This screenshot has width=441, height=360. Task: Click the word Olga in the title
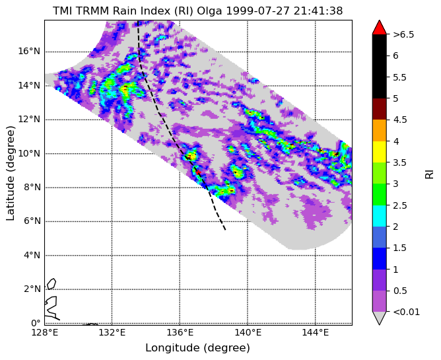pyautogui.click(x=210, y=11)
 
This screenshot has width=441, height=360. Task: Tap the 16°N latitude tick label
pyautogui.click(x=29, y=52)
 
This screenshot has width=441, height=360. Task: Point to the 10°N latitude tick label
pyautogui.click(x=29, y=153)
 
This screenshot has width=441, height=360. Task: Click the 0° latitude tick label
pyautogui.click(x=36, y=322)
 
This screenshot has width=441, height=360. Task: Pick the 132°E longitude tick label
pyautogui.click(x=112, y=333)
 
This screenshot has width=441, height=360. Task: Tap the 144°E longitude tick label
pyautogui.click(x=316, y=333)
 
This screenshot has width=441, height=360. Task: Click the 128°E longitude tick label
pyautogui.click(x=44, y=333)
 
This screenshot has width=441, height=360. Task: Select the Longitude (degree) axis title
pyautogui.click(x=197, y=348)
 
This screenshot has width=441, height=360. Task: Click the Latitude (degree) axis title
pyautogui.click(x=11, y=173)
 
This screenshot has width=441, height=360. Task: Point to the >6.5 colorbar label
pyautogui.click(x=403, y=35)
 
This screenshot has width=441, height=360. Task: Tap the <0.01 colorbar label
pyautogui.click(x=407, y=312)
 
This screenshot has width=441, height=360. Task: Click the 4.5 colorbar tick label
pyautogui.click(x=400, y=120)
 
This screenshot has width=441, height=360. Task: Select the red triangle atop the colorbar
pyautogui.click(x=379, y=27)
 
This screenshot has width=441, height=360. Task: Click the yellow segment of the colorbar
pyautogui.click(x=379, y=152)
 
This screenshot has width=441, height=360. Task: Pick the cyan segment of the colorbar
pyautogui.click(x=379, y=216)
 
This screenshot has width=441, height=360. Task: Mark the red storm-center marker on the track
pyautogui.click(x=198, y=172)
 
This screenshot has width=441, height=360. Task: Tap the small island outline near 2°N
pyautogui.click(x=51, y=284)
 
